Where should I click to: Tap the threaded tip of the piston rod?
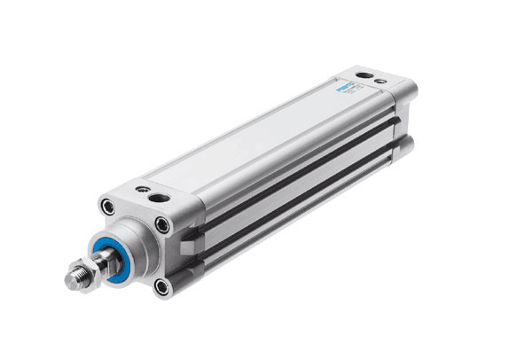73,280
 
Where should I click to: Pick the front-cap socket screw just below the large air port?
163,225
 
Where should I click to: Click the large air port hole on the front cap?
159,197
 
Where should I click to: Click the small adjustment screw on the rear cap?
380,82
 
